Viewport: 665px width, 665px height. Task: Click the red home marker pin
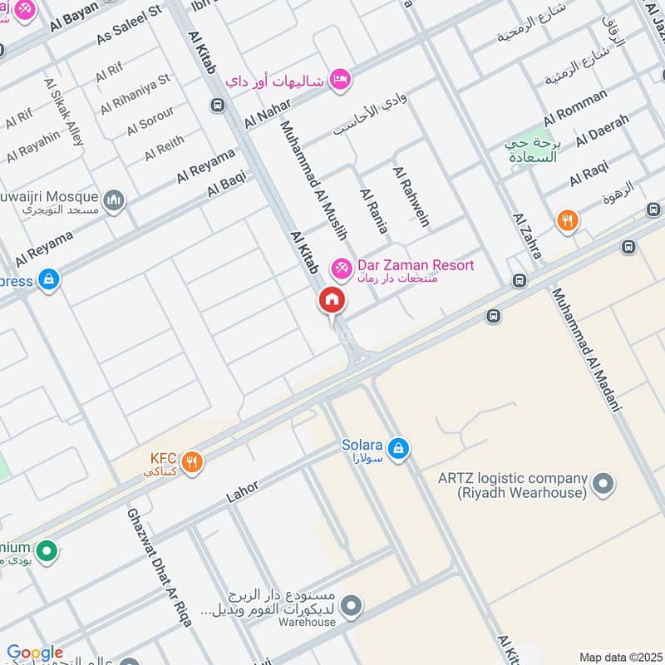click(x=331, y=300)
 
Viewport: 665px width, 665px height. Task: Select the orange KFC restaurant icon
click(x=193, y=462)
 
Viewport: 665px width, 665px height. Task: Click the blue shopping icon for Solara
click(x=399, y=448)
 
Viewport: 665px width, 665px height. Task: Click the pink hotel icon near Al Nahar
click(x=341, y=79)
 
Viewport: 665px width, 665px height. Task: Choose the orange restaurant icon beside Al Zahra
click(x=568, y=220)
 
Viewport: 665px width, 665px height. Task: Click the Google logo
click(x=34, y=653)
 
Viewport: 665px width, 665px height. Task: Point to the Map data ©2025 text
click(x=619, y=657)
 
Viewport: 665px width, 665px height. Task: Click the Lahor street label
click(x=243, y=490)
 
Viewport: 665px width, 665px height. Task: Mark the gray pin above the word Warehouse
click(x=351, y=604)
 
